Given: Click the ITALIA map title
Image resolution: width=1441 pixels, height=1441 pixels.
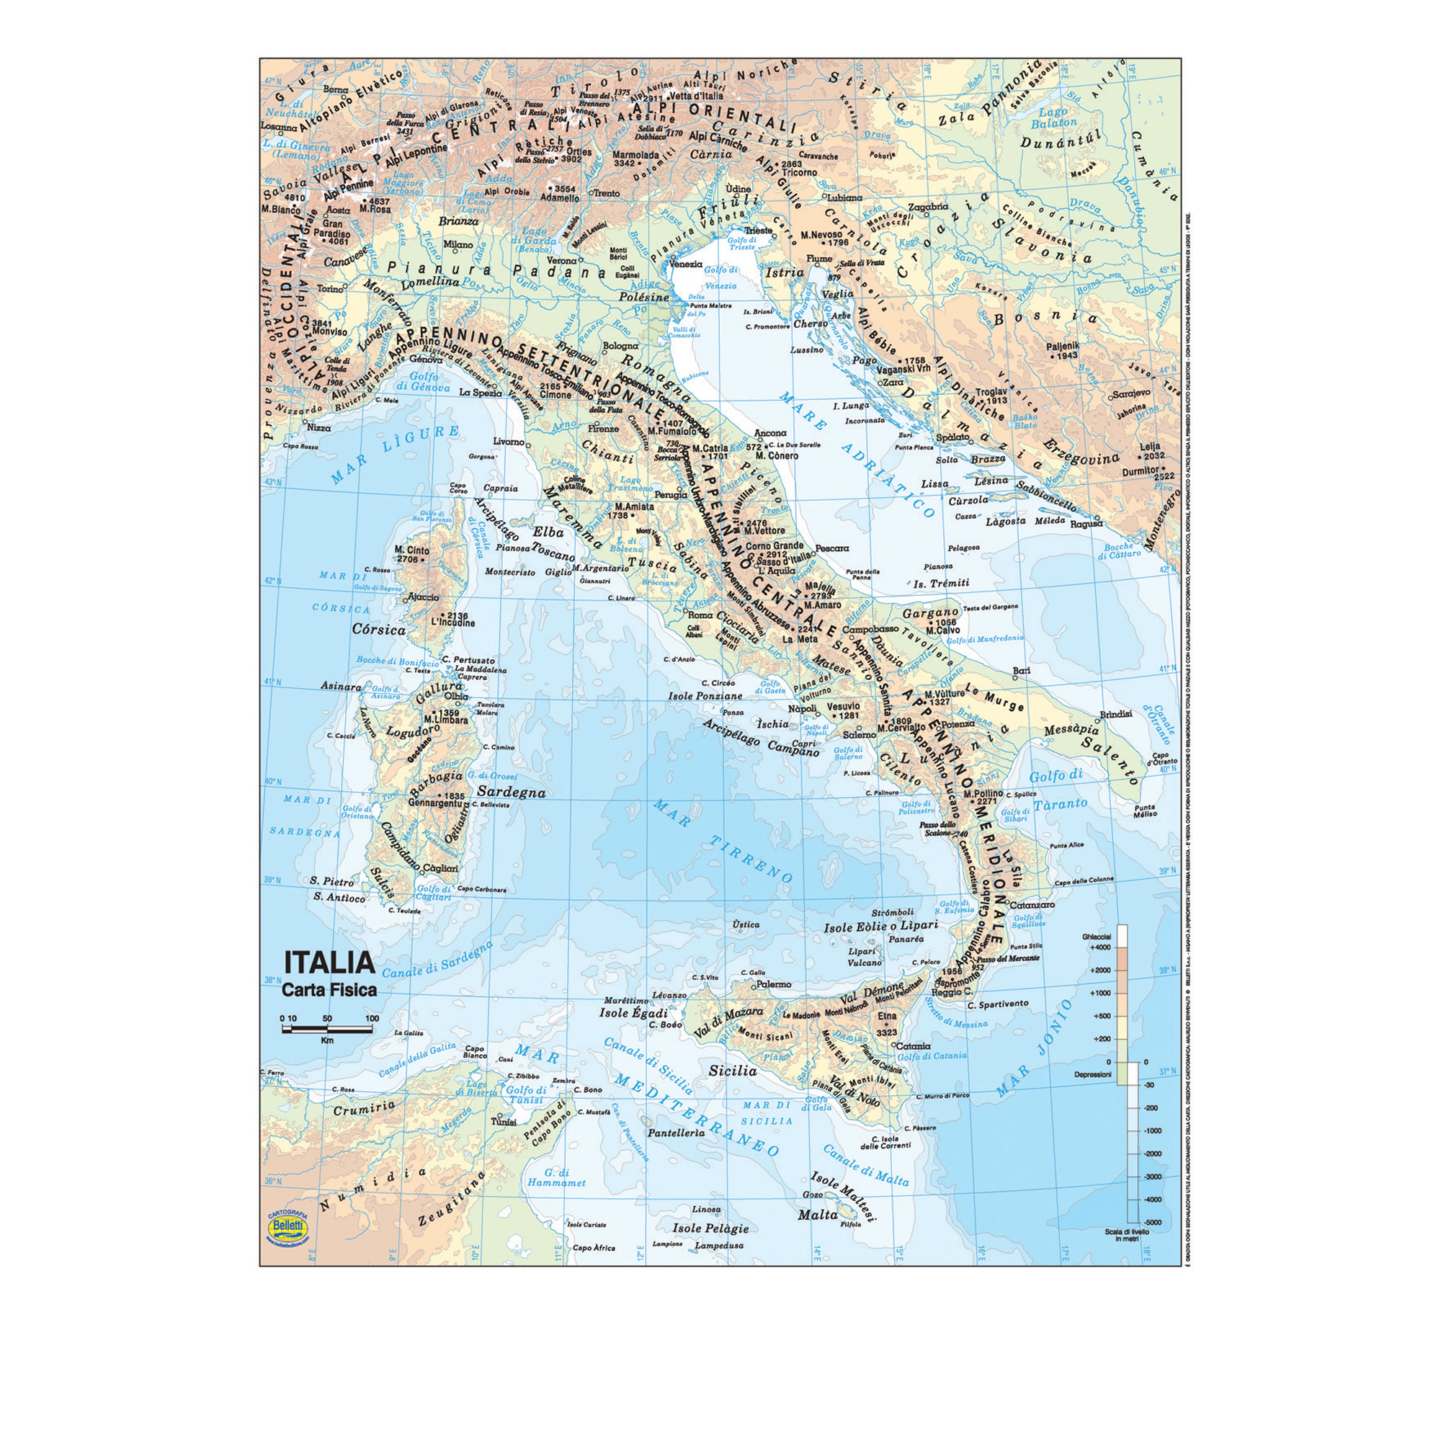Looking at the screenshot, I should pos(327,961).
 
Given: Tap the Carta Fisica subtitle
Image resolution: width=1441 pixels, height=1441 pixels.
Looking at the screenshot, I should pos(329,991).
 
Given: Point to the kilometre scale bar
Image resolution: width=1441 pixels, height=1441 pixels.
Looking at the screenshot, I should pos(327,1030).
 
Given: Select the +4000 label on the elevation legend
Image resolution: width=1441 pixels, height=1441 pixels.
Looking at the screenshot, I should pos(1101,947).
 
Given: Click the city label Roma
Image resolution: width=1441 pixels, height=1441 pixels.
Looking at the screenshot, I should pos(700,615).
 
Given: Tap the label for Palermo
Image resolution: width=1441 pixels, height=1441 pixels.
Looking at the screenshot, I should pos(773,984).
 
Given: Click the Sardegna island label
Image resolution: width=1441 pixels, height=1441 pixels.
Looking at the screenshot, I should pos(511,792).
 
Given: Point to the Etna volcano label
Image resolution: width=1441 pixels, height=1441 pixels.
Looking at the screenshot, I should pos(887,1016).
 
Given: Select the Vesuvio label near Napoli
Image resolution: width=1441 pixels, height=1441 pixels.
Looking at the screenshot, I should pos(844,705).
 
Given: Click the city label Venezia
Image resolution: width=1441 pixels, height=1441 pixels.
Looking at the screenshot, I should pos(685,264).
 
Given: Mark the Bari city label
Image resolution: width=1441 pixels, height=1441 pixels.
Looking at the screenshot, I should pos(1021,672).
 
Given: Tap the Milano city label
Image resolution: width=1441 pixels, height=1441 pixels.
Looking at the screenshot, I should pos(458,245).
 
